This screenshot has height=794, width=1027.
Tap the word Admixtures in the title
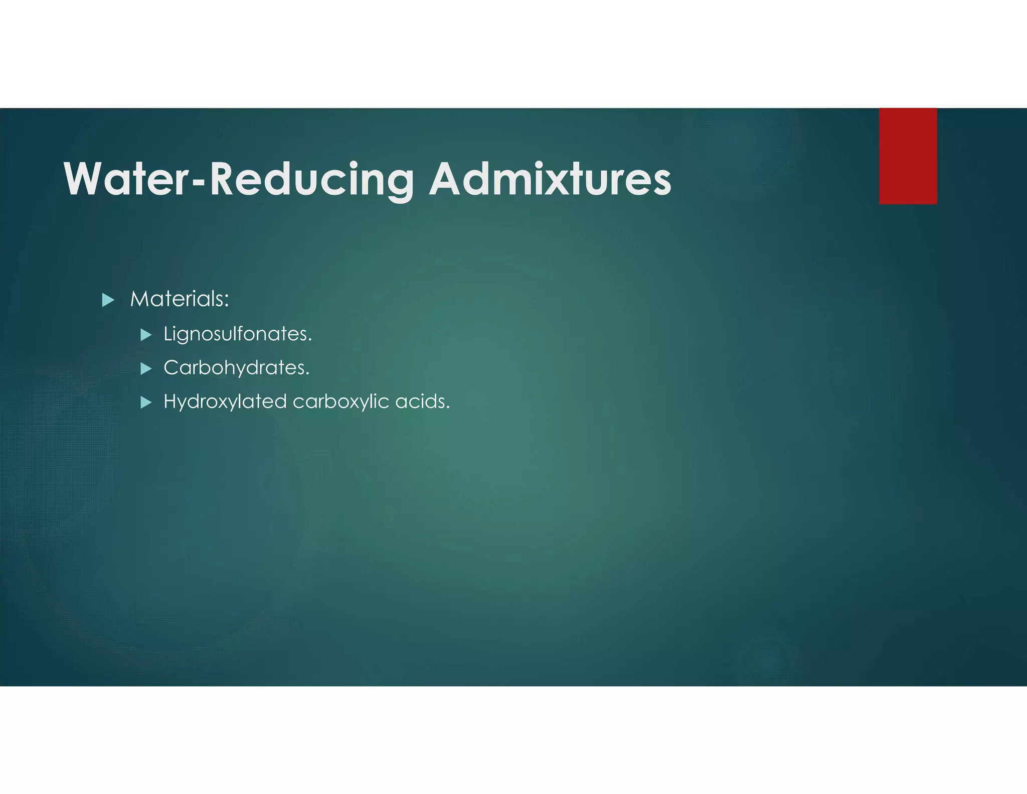[x=550, y=179]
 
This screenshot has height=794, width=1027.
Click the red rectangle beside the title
[x=908, y=156]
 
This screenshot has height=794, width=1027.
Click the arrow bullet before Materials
[x=108, y=300]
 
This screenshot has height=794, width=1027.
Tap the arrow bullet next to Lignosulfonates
[x=146, y=335]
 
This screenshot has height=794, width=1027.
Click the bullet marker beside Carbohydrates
[x=146, y=369]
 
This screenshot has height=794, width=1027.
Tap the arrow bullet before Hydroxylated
[x=146, y=403]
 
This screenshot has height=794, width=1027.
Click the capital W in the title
[x=83, y=179]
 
